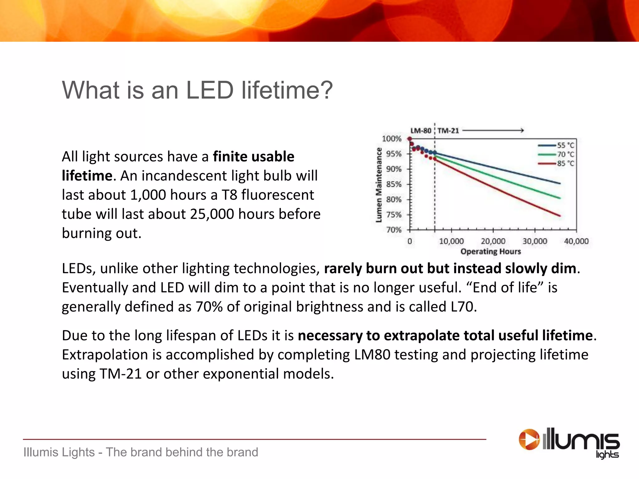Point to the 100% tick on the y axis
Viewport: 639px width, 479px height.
coord(392,139)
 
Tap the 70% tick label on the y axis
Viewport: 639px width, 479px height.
coord(394,230)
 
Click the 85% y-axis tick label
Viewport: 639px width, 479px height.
coord(394,184)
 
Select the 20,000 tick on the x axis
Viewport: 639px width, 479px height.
coord(493,241)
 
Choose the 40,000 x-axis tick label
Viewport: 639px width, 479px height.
coord(576,241)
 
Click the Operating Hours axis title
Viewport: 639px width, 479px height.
coord(490,252)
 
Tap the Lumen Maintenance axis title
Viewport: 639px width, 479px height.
coord(379,185)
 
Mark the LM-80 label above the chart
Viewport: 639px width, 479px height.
coord(421,131)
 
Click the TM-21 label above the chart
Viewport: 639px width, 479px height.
coord(448,131)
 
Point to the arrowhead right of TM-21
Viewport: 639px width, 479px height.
coord(522,130)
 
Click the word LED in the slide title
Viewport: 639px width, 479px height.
coord(210,90)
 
